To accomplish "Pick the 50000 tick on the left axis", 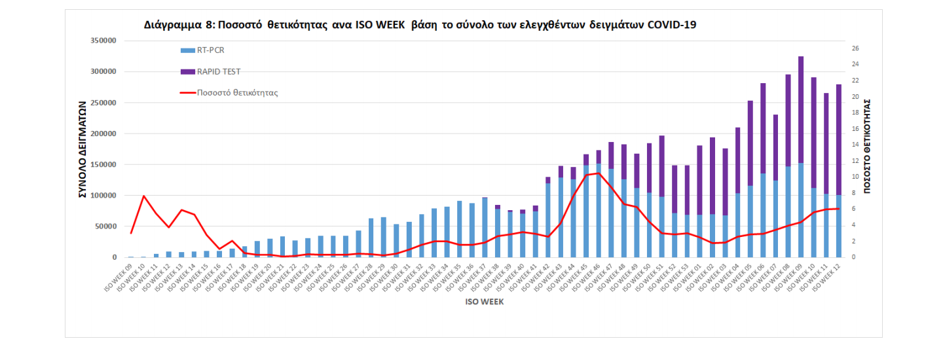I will pyautogui.click(x=105, y=226).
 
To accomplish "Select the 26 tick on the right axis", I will pyautogui.click(x=855, y=48).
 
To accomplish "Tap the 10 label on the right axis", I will pyautogui.click(x=855, y=177).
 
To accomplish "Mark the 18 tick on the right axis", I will pyautogui.click(x=855, y=113).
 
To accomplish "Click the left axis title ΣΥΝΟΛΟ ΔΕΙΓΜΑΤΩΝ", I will pyautogui.click(x=83, y=149).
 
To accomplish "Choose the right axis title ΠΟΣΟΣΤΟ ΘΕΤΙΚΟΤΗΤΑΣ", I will pyautogui.click(x=866, y=145).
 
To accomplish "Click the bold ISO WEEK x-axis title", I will pyautogui.click(x=484, y=302).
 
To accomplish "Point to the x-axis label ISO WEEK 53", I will pyautogui.click(x=681, y=278).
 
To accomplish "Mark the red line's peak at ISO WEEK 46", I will pyautogui.click(x=599, y=173).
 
